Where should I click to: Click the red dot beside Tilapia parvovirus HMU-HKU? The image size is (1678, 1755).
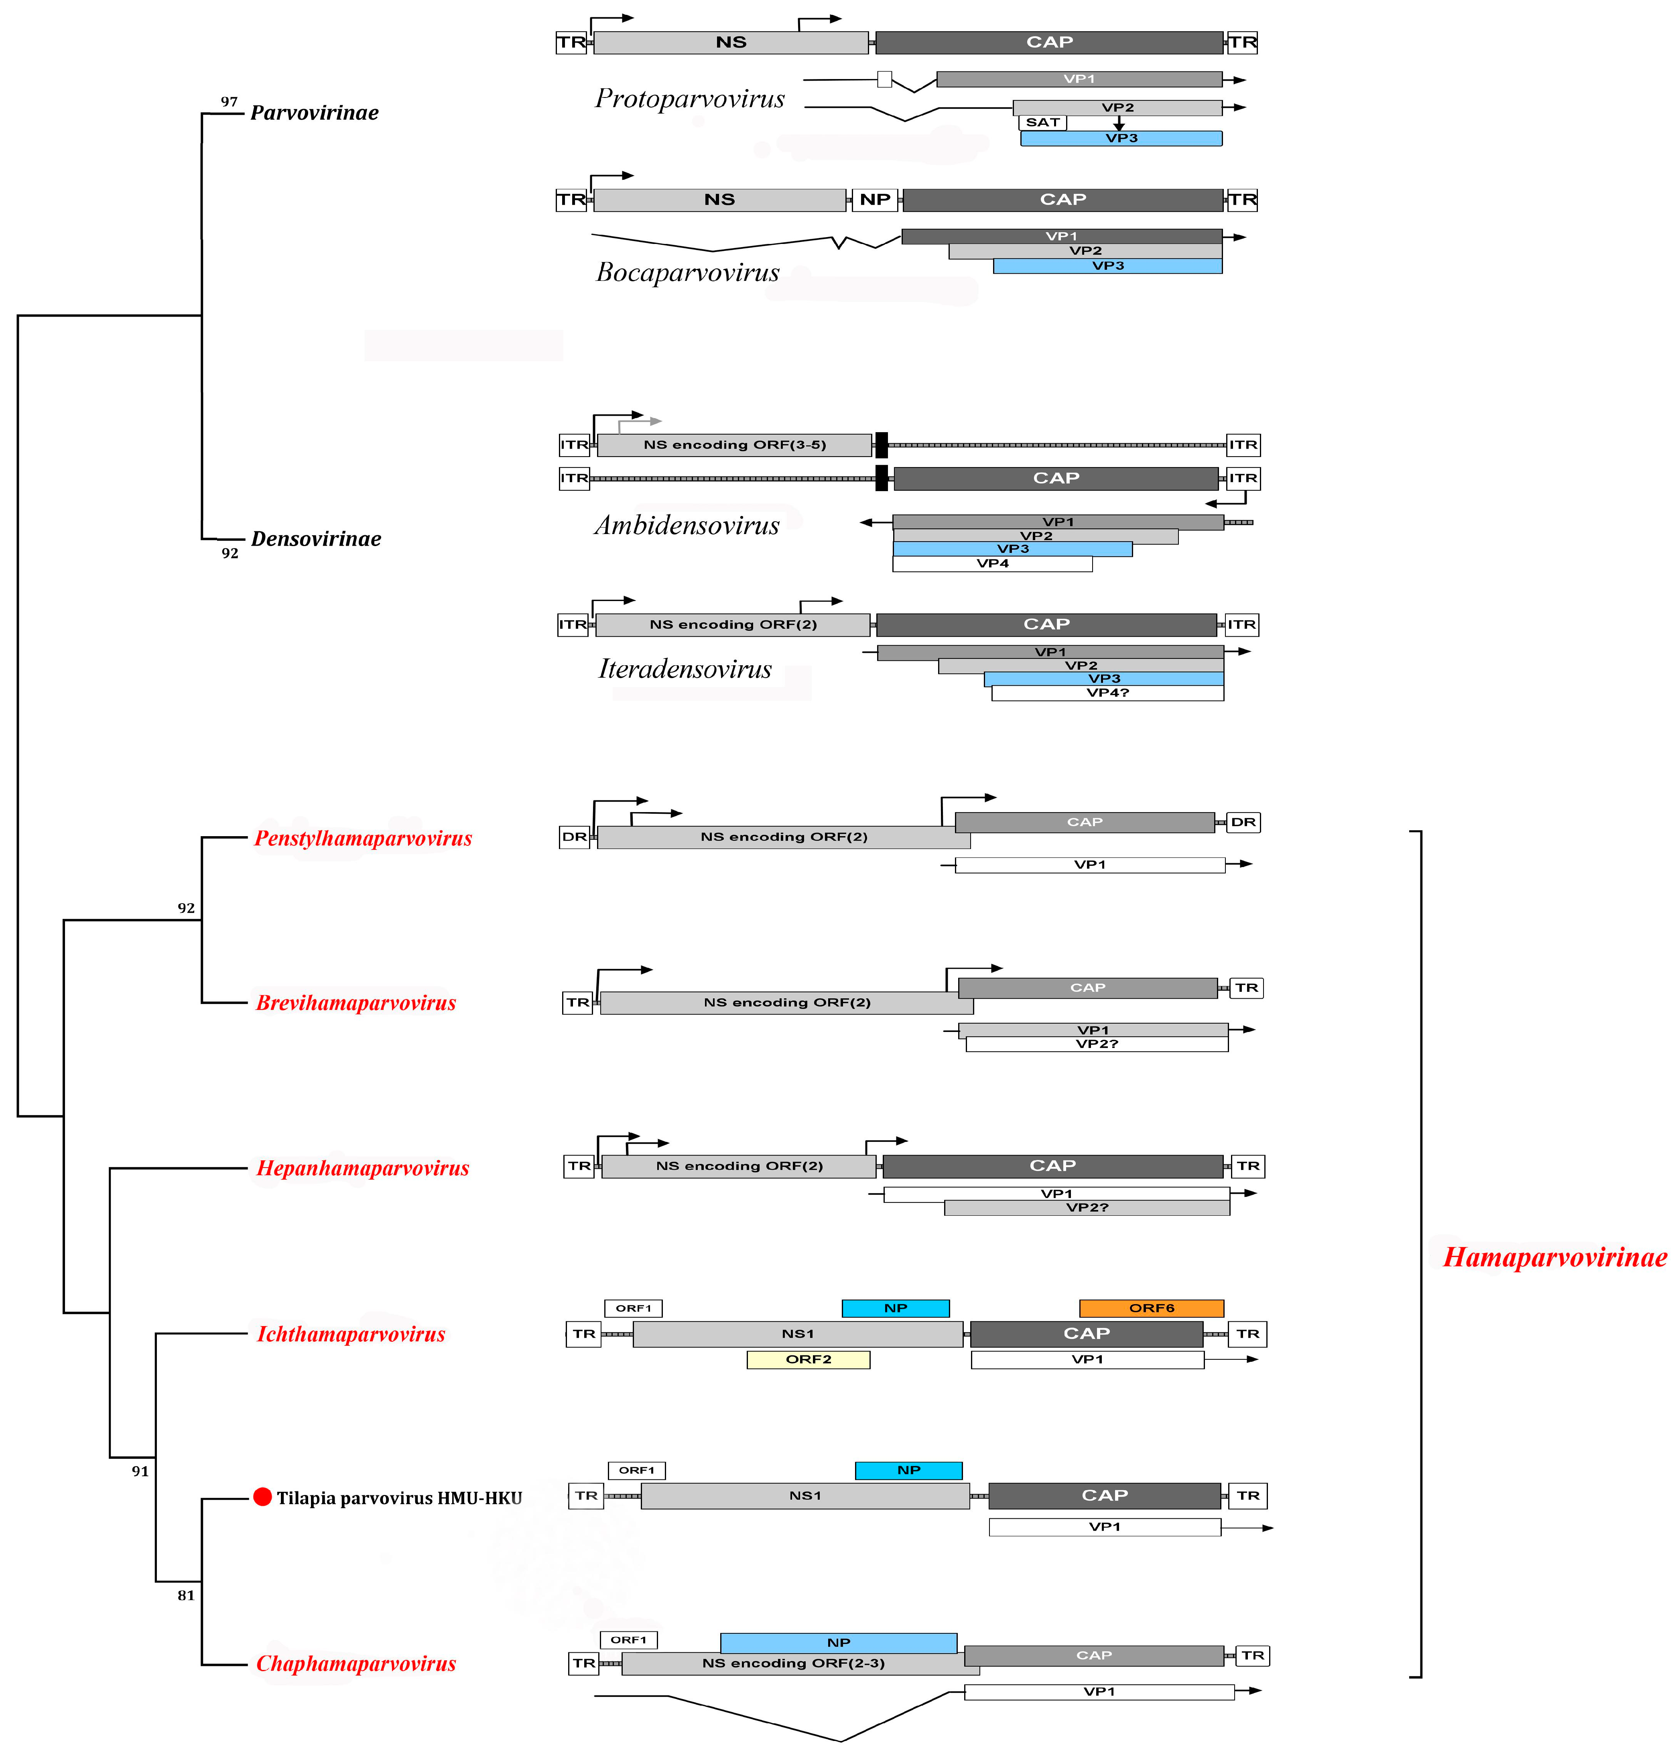point(262,1497)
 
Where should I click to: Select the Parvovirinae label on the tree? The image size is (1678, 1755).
point(314,113)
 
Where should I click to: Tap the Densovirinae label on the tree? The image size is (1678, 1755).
point(316,538)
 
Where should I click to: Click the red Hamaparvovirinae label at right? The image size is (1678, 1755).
point(1554,1257)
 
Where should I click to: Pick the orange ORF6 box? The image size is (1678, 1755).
point(1151,1308)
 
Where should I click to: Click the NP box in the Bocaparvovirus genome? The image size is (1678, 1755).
point(875,199)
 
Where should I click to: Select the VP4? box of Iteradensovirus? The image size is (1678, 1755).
point(1107,693)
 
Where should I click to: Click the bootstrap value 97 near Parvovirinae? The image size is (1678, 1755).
point(229,102)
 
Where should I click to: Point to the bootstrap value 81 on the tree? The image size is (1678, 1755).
point(186,1595)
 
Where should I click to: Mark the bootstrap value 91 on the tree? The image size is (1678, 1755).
point(140,1471)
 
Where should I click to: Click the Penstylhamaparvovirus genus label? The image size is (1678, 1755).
point(363,838)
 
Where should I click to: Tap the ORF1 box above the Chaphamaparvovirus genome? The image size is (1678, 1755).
point(629,1639)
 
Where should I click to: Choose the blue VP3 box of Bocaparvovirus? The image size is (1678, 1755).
point(1107,266)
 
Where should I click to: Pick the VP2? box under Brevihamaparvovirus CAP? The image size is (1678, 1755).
point(1097,1044)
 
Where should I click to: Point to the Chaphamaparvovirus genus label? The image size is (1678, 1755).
point(356,1664)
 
